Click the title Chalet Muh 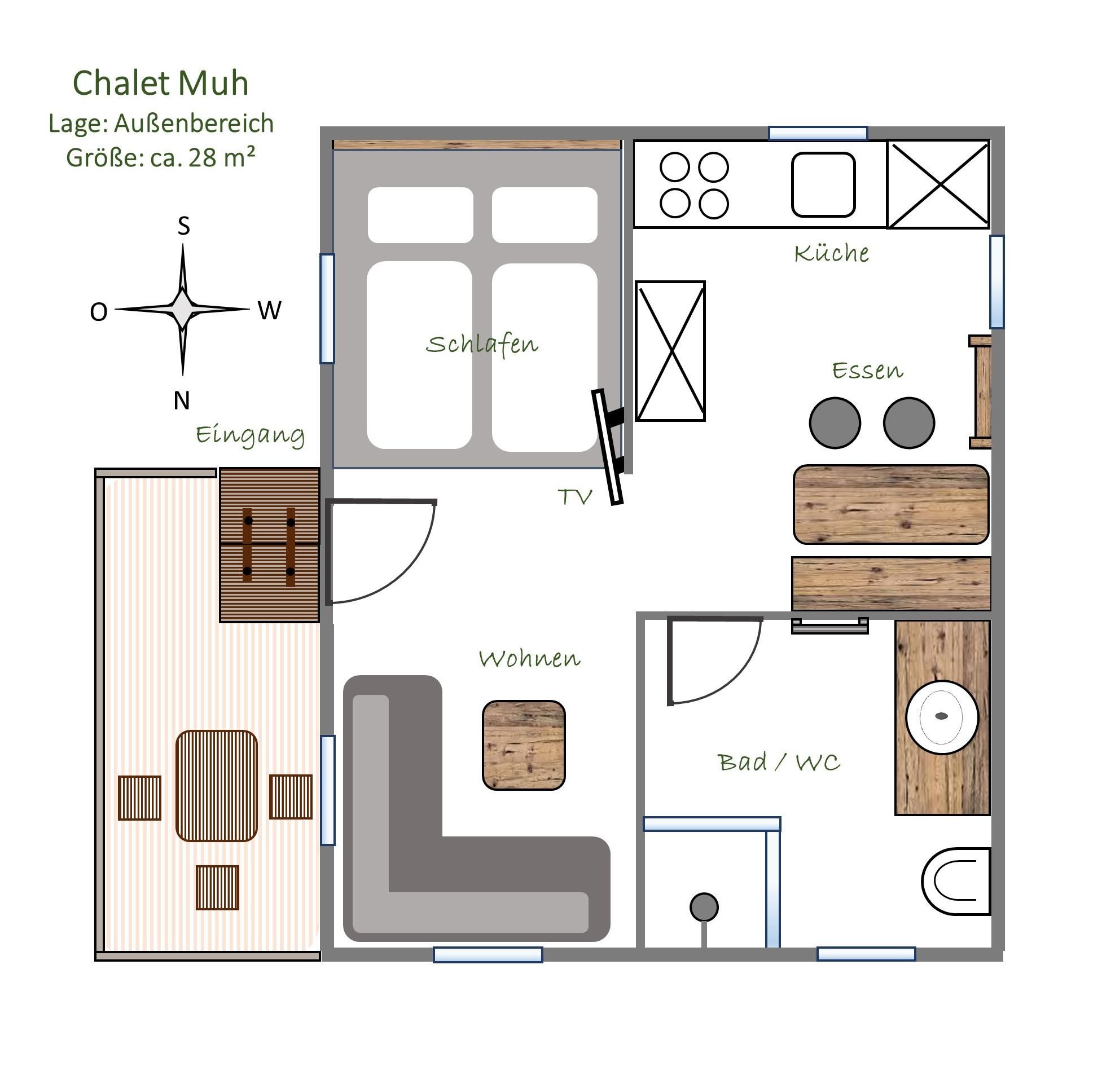coord(161,83)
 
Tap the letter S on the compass coord(183,226)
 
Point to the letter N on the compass coord(182,400)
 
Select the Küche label coord(832,253)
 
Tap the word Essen coord(868,370)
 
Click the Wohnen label coord(529,658)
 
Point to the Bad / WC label coord(779,763)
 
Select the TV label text coord(575,497)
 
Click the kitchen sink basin coord(823,184)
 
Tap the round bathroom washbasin coord(942,716)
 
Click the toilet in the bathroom coord(956,881)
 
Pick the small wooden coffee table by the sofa coord(524,745)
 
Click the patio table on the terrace coord(217,786)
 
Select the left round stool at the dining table coord(835,423)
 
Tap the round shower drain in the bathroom coord(704,908)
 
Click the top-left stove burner coord(675,168)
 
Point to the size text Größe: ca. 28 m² coord(161,157)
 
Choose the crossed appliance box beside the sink coord(938,184)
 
